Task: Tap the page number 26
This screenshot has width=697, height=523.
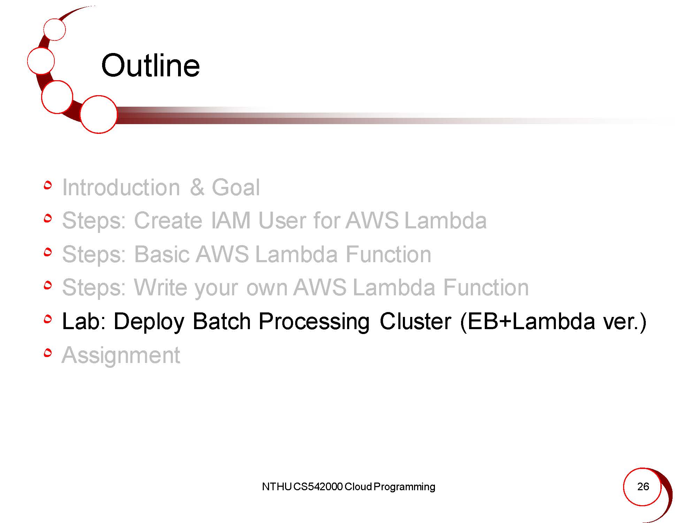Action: tap(643, 486)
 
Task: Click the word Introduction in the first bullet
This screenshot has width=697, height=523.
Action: tap(121, 187)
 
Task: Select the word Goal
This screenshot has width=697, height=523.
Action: tap(236, 187)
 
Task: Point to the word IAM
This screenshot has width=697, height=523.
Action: tap(231, 220)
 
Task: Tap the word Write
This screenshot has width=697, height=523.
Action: tap(161, 287)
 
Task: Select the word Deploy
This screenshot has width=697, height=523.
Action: tap(149, 321)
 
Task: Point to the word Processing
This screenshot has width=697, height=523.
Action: tap(314, 321)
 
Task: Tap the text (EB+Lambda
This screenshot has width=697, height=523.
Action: tap(527, 321)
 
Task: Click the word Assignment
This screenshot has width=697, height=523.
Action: tap(121, 355)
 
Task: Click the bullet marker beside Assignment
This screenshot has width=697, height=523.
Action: tap(48, 353)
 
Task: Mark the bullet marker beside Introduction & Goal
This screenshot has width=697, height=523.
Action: tap(48, 185)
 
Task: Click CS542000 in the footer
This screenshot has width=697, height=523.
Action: tap(318, 487)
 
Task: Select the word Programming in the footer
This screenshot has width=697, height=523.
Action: tap(404, 487)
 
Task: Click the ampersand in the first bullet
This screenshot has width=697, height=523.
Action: tap(197, 187)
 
